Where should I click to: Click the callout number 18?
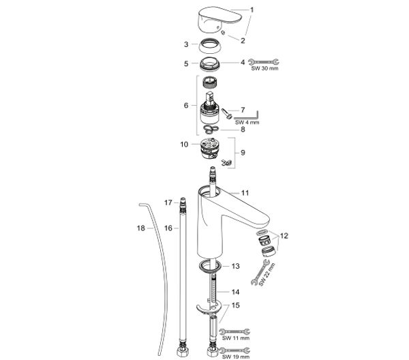[x=141, y=228]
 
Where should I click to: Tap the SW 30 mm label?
[x=264, y=69]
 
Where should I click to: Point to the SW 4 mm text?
[x=247, y=122]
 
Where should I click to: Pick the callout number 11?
[x=245, y=194]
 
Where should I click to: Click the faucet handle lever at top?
[x=219, y=20]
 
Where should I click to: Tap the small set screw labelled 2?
[x=224, y=32]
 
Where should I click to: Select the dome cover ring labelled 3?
[x=210, y=46]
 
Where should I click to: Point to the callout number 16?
[x=168, y=228]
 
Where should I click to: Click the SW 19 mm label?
[x=236, y=357]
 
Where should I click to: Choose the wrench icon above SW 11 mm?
[x=234, y=332]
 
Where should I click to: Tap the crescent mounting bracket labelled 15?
[x=208, y=307]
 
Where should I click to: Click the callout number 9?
[x=243, y=153]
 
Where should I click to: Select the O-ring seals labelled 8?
[x=211, y=128]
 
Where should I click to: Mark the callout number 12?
[x=284, y=236]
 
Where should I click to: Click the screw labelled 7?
[x=227, y=113]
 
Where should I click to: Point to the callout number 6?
[x=186, y=106]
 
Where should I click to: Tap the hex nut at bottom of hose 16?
[x=183, y=351]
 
